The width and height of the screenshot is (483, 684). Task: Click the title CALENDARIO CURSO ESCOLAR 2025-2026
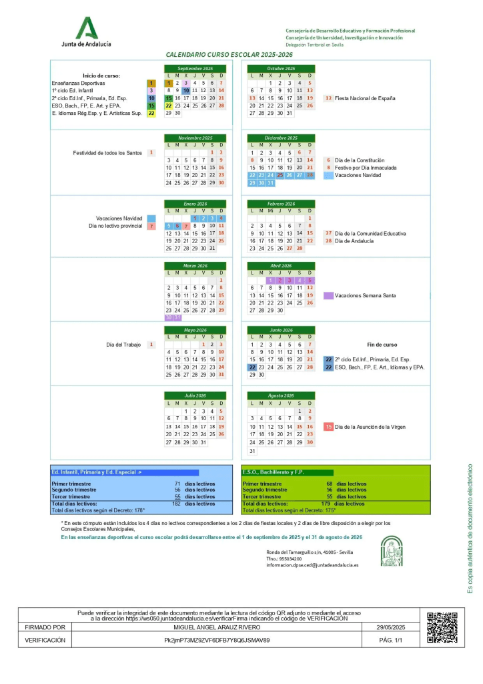pyautogui.click(x=229, y=54)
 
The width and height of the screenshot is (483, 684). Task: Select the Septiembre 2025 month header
pyautogui.click(x=195, y=68)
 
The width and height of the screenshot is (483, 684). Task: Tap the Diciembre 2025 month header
pyautogui.click(x=280, y=137)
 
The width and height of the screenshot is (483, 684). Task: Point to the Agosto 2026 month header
pyautogui.click(x=280, y=395)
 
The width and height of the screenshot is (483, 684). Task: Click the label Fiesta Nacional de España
pyautogui.click(x=365, y=98)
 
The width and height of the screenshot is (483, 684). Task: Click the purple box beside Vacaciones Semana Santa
pyautogui.click(x=328, y=295)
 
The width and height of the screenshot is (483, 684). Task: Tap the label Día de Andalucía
pyautogui.click(x=357, y=241)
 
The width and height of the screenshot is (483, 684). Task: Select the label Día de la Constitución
pyautogui.click(x=360, y=160)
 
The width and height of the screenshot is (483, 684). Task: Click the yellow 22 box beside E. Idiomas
pyautogui.click(x=151, y=114)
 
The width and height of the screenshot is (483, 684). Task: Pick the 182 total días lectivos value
pyautogui.click(x=177, y=504)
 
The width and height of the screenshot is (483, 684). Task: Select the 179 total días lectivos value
pyautogui.click(x=326, y=504)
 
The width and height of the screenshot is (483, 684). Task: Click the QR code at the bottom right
pyautogui.click(x=442, y=627)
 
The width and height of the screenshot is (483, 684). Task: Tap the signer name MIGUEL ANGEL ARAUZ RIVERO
pyautogui.click(x=230, y=628)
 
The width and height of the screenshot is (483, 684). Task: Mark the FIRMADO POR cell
pyautogui.click(x=45, y=628)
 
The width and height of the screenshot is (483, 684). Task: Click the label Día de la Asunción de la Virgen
pyautogui.click(x=372, y=426)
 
